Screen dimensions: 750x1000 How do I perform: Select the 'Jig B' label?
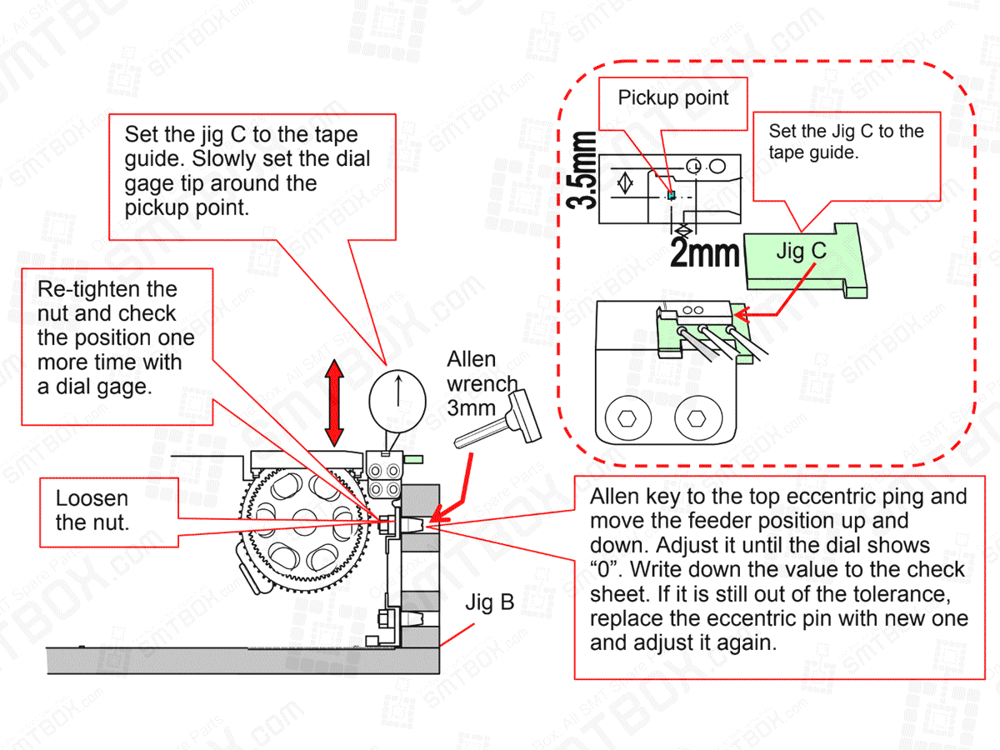tap(489, 602)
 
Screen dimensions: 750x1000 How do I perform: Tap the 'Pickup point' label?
tap(672, 98)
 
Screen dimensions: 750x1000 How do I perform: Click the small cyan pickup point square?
tap(672, 195)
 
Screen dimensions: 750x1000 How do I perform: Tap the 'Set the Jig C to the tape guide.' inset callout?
tap(845, 142)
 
